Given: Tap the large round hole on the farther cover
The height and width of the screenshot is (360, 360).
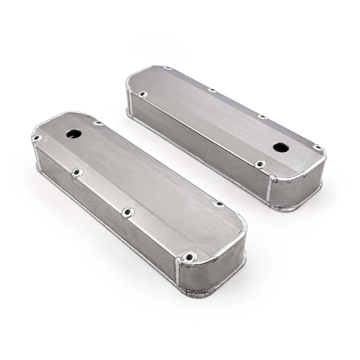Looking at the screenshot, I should coord(280,147).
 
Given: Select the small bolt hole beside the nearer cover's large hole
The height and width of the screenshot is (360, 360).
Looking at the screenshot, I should coord(98,124).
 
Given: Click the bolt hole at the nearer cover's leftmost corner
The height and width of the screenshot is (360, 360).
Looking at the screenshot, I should coord(36,138).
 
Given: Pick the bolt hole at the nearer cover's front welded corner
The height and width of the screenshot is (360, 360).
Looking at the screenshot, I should coord(190,257).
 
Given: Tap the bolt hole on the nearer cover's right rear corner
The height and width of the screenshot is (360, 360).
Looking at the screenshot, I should coord(218,203).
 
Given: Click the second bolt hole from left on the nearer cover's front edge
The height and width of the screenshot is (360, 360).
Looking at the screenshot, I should coord(78,172).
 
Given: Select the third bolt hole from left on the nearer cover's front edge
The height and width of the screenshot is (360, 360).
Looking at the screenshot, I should coord(128,211).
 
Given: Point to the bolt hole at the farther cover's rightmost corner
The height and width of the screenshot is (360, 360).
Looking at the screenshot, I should coord(317,147).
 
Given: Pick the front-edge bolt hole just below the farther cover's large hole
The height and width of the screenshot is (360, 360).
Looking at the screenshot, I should coord(259,163).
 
